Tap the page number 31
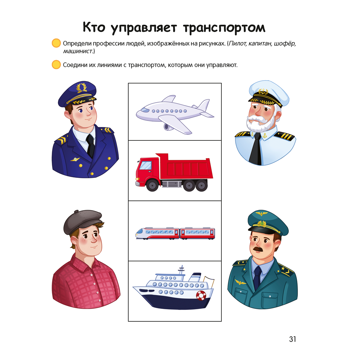click(292, 339)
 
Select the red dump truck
click(175, 172)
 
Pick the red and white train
click(175, 233)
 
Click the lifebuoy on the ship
click(201, 295)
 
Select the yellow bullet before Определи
click(56, 44)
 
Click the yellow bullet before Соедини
click(56, 65)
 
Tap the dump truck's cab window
click(145, 165)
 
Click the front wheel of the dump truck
click(153, 186)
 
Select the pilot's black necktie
click(90, 146)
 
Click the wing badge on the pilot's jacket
click(75, 159)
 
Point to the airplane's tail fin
click(204, 105)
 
